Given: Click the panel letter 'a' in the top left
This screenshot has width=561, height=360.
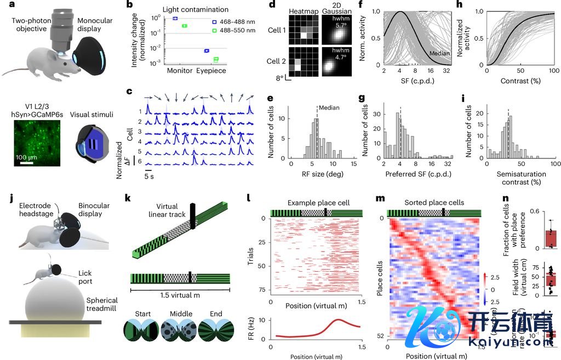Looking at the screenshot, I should (x=4, y=5).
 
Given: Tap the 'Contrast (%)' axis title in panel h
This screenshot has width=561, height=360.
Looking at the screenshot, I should (x=520, y=81).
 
